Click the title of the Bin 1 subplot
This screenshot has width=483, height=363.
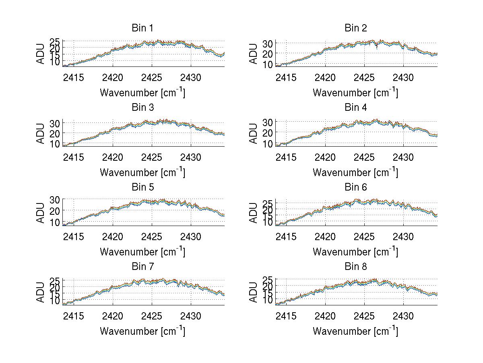click(x=142, y=28)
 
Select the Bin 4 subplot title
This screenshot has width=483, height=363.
click(x=355, y=108)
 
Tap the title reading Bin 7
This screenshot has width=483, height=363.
click(x=142, y=267)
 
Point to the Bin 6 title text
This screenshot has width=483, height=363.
click(x=355, y=187)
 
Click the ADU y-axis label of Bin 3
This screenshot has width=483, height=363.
click(x=41, y=133)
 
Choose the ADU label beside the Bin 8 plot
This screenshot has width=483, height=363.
click(x=254, y=292)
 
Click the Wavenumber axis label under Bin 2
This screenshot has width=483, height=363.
click(x=355, y=93)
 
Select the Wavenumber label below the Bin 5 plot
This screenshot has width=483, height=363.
click(x=142, y=252)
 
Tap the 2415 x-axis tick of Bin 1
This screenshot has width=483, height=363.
click(x=74, y=77)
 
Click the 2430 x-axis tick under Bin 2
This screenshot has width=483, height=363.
click(x=403, y=77)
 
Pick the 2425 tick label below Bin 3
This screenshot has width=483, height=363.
click(x=152, y=157)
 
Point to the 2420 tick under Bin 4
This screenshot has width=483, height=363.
click(x=325, y=157)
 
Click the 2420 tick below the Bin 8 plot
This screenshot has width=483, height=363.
click(x=325, y=316)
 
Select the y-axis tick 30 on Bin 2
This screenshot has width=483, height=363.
click(x=268, y=43)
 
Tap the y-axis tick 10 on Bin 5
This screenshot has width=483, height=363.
click(x=55, y=222)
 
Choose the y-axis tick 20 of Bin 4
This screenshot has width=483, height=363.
click(x=268, y=132)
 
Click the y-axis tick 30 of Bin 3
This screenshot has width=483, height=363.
click(x=55, y=122)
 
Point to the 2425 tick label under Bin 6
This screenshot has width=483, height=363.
click(x=364, y=236)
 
